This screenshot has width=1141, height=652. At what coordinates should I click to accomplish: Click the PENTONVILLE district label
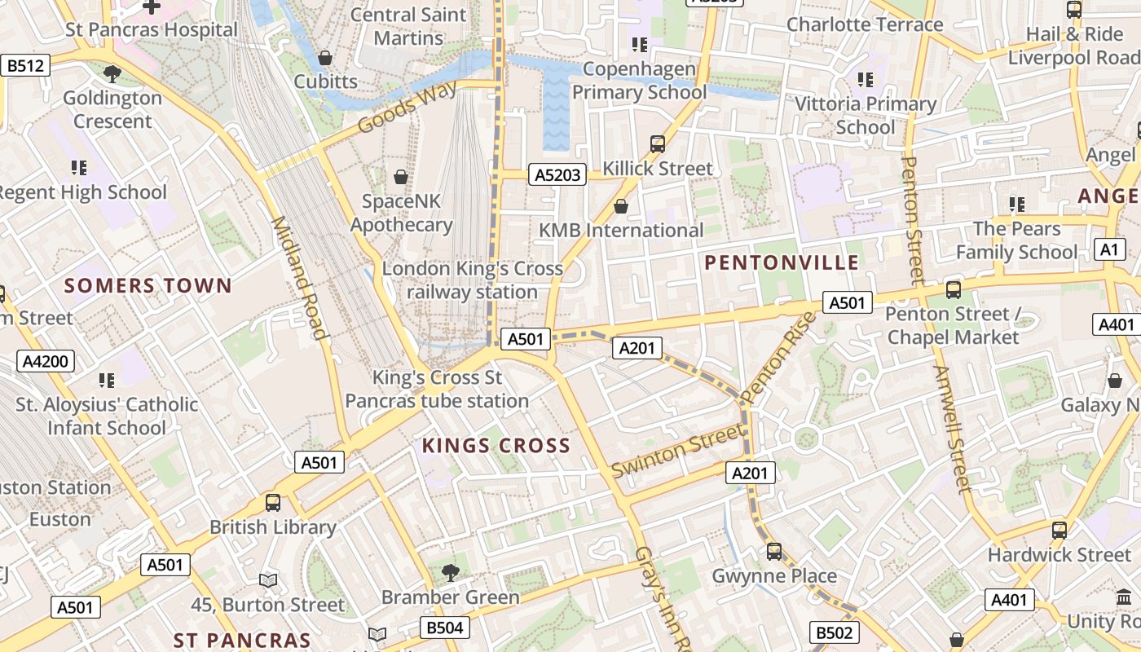(782, 262)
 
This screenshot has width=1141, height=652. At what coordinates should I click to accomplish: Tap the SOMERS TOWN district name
(148, 286)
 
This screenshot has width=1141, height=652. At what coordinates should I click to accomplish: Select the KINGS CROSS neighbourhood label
(496, 446)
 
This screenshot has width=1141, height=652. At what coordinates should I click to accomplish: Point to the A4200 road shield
(46, 362)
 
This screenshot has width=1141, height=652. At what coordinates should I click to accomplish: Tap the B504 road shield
(445, 628)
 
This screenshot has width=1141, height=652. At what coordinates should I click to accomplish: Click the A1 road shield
(1109, 249)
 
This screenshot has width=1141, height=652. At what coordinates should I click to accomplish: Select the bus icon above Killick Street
(658, 144)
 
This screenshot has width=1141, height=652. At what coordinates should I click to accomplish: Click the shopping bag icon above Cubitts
(325, 58)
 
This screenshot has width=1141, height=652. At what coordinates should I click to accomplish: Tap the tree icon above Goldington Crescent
(112, 74)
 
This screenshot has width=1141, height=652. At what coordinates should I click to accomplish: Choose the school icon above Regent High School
(79, 168)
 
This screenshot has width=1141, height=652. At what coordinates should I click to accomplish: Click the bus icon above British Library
(273, 503)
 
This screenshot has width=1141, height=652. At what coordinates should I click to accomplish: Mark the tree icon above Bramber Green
(450, 573)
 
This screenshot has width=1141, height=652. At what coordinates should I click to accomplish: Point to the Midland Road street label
(299, 277)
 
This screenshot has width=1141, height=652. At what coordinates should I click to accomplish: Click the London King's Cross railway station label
(473, 280)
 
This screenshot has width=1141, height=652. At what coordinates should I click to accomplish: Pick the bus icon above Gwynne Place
(774, 552)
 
